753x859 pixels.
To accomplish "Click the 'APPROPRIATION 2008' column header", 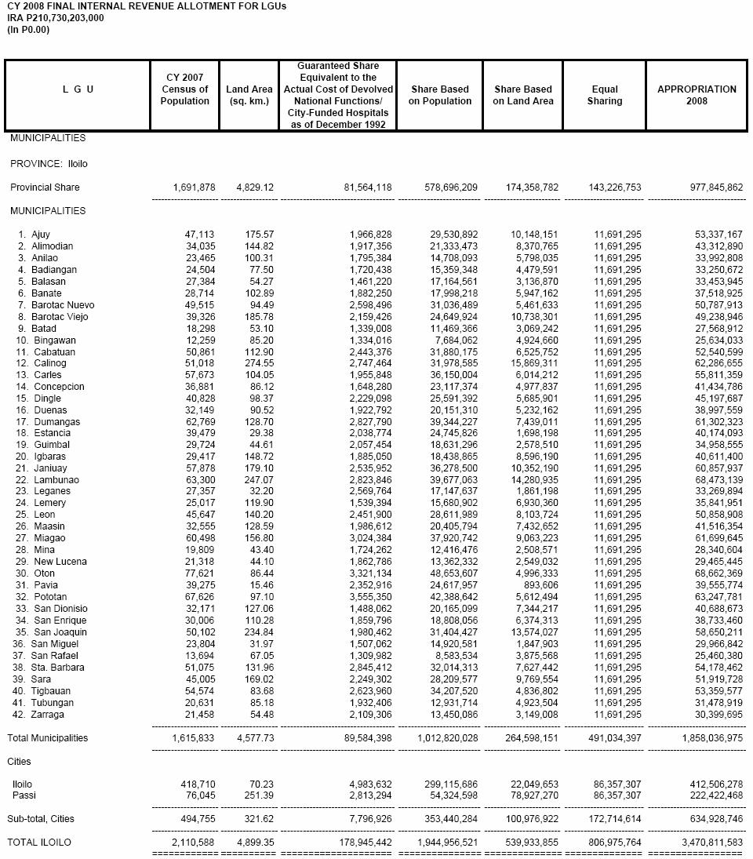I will click(697, 95).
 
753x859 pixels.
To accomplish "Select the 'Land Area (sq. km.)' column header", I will click(249, 95).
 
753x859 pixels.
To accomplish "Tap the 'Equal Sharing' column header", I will click(605, 95).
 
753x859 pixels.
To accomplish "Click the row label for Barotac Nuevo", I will click(56, 305).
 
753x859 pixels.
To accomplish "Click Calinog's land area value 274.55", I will click(257, 363).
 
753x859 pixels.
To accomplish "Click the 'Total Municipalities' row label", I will click(48, 738).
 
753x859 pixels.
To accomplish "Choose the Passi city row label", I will click(24, 795).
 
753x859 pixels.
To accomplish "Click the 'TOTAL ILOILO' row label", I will click(39, 843).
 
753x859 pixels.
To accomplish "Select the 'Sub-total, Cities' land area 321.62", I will click(257, 819).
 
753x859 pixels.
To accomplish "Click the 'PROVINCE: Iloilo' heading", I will click(49, 164).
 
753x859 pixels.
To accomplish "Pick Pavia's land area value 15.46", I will click(260, 585).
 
